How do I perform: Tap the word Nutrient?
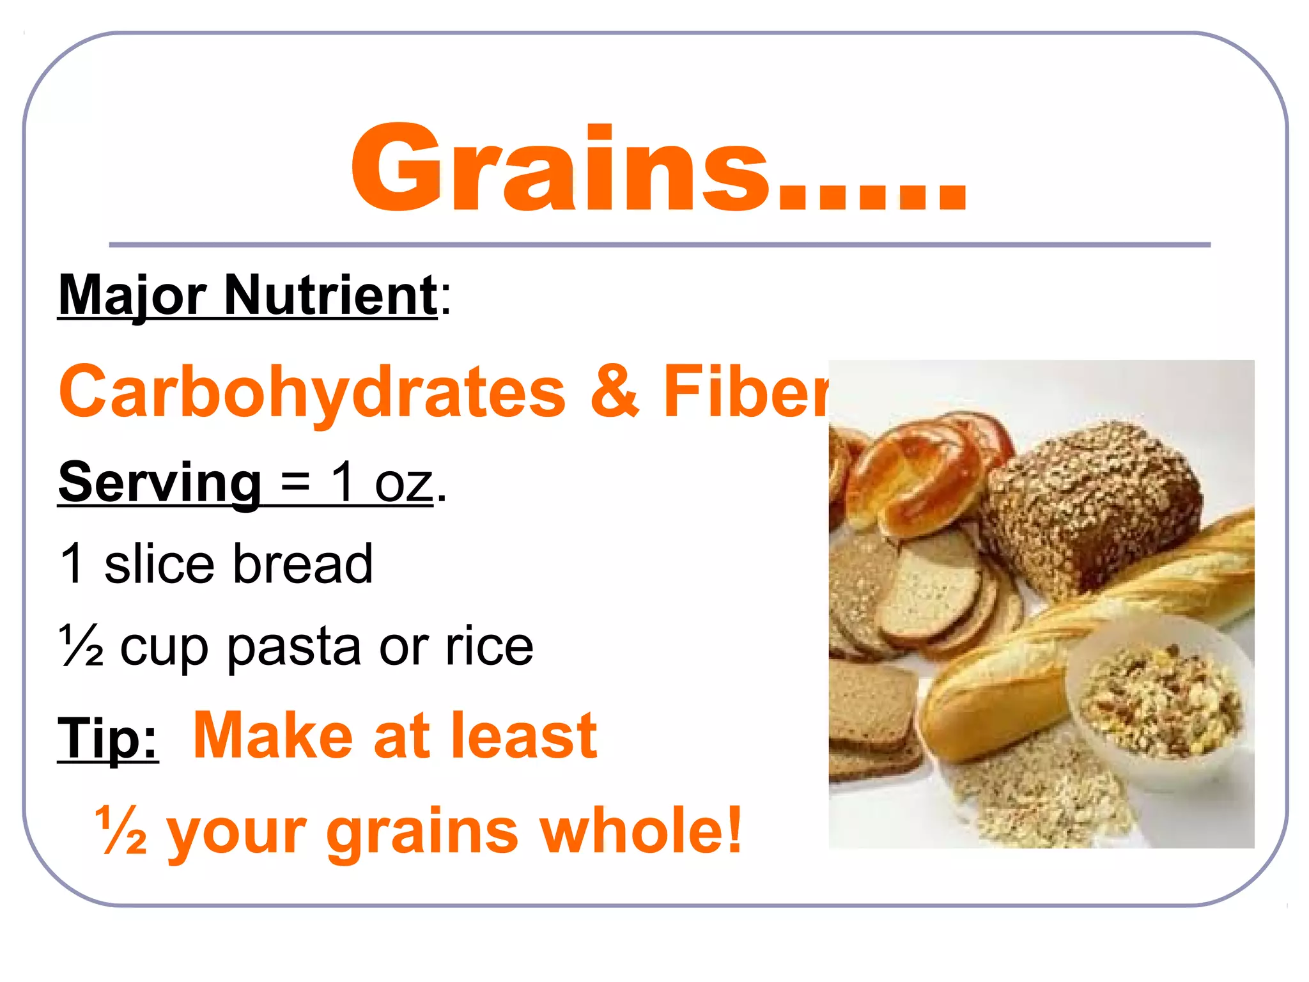coord(330,295)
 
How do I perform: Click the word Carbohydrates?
coord(312,391)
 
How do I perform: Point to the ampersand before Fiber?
coord(614,391)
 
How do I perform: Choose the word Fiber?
coord(745,391)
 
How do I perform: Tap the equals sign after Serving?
coord(295,483)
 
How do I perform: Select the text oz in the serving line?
coord(404,485)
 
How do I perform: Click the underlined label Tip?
coord(108,737)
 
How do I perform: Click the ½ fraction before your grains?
coord(121,829)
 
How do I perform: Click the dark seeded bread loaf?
coord(1093,505)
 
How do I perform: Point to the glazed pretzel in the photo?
coord(920,476)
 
